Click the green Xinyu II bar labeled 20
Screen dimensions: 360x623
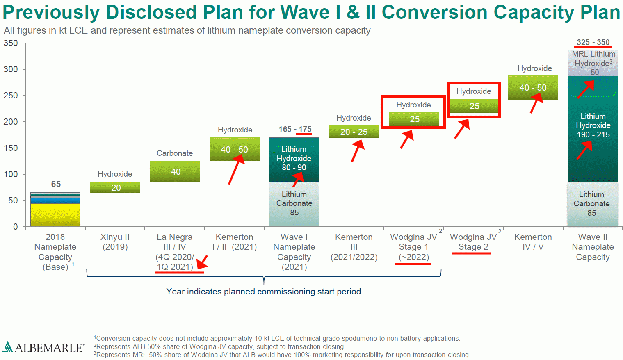[115, 187]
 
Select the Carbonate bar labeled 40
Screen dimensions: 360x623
[175, 171]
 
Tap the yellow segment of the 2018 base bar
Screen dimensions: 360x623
[55, 214]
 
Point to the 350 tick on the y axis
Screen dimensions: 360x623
[11, 43]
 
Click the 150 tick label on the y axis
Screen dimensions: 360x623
[11, 148]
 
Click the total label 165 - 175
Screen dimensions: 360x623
[295, 130]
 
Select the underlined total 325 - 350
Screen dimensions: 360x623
[593, 43]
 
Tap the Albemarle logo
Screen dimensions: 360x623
[43, 348]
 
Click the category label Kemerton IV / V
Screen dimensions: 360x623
[533, 242]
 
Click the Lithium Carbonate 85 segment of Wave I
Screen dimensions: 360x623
[294, 204]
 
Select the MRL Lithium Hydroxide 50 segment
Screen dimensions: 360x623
[593, 63]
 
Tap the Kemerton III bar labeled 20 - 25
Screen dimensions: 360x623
[354, 132]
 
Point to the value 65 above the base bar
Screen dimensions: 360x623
[56, 184]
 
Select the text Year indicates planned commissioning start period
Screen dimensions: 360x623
[263, 292]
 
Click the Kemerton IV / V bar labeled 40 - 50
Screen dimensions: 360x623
[533, 87]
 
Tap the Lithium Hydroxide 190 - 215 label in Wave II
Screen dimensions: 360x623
[593, 125]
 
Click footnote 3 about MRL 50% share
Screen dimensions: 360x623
[282, 355]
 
